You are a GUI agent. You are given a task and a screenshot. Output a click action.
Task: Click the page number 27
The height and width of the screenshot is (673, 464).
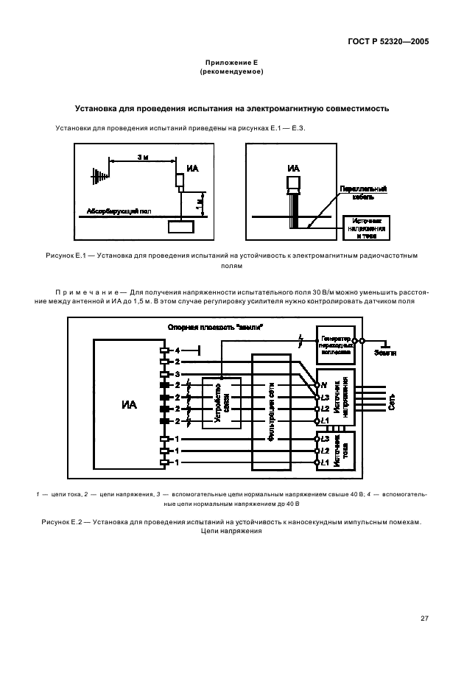[424, 618]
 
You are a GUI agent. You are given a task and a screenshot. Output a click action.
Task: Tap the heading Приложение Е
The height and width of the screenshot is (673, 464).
[231, 63]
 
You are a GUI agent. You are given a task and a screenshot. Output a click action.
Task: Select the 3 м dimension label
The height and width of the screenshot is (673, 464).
[141, 158]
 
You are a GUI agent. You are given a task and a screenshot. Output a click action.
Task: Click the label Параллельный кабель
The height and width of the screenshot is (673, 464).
[362, 193]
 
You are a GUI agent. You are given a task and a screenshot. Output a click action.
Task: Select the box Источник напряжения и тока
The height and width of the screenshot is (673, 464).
[366, 228]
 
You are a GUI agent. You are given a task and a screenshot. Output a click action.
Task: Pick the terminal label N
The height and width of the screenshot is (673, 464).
[325, 384]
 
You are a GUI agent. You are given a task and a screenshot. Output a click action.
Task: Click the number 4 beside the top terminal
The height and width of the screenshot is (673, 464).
[177, 350]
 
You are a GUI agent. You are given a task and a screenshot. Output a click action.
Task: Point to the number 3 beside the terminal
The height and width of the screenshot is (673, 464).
[177, 374]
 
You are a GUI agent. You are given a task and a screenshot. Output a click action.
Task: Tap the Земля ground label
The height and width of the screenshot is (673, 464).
[384, 353]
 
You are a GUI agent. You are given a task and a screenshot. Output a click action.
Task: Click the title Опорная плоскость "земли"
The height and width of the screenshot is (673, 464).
[227, 326]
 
